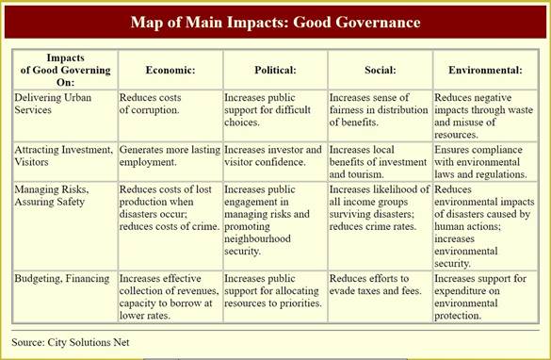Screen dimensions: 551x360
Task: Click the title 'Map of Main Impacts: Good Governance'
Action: pyautogui.click(x=275, y=23)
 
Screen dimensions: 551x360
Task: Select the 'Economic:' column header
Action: pyautogui.click(x=170, y=70)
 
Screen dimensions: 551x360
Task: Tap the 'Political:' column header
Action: pyautogui.click(x=275, y=70)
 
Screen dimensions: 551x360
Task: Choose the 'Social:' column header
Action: pyautogui.click(x=381, y=70)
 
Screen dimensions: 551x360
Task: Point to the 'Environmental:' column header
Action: pyautogui.click(x=485, y=70)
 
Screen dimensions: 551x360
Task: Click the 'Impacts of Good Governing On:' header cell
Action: pyautogui.click(x=65, y=70)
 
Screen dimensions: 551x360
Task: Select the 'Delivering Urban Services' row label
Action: pyautogui.click(x=53, y=104)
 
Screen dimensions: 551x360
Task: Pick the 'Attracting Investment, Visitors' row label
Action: pyautogui.click(x=64, y=155)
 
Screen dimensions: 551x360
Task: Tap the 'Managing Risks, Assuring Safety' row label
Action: pyautogui.click(x=52, y=195)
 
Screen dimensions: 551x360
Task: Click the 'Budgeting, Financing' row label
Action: pyautogui.click(x=62, y=278)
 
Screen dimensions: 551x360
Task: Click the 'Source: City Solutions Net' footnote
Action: pyautogui.click(x=71, y=342)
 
